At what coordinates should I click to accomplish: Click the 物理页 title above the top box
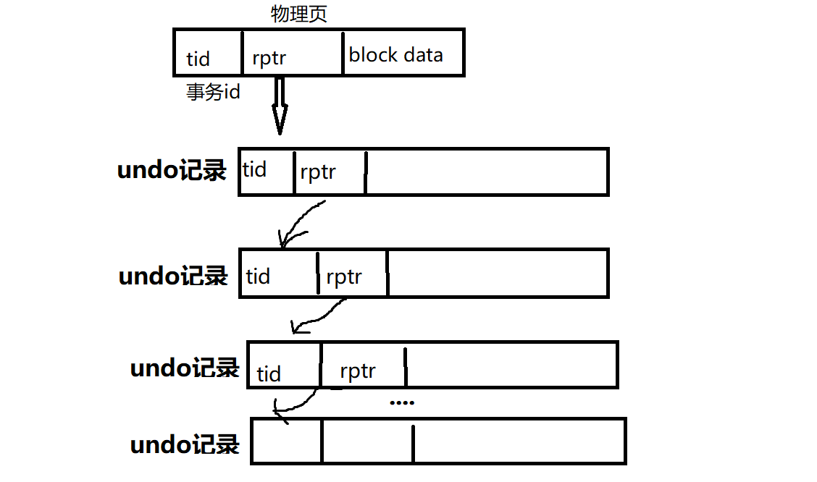[x=299, y=14]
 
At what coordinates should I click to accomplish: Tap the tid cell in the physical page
[x=198, y=58]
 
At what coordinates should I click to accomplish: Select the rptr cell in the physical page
[x=269, y=58]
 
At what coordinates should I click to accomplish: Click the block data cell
[x=395, y=55]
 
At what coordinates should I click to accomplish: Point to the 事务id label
[x=213, y=93]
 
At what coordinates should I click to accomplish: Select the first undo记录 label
[x=172, y=171]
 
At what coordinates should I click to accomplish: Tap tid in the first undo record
[x=254, y=170]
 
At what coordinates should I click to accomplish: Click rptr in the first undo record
[x=318, y=173]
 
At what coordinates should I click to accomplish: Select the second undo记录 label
[x=173, y=276]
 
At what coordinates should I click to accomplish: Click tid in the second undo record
[x=258, y=276]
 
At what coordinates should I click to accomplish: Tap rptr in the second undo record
[x=344, y=276]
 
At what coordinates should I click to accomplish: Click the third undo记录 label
[x=185, y=368]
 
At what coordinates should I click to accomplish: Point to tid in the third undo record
[x=269, y=374]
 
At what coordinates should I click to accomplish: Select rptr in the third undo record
[x=358, y=372]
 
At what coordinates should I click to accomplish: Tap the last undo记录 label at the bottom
[x=185, y=444]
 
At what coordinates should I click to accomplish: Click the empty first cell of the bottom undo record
[x=287, y=441]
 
